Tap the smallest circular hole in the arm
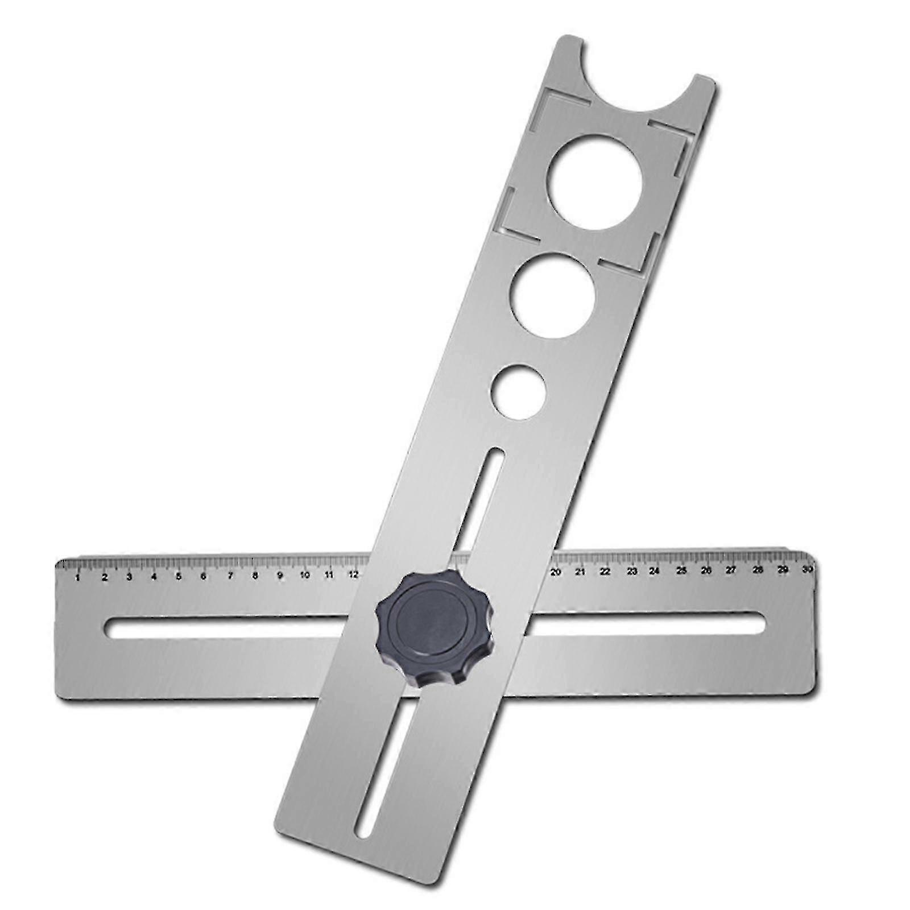pyautogui.click(x=519, y=392)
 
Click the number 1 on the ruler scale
pyautogui.click(x=77, y=578)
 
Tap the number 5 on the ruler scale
pyautogui.click(x=179, y=576)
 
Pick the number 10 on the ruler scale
pyautogui.click(x=305, y=575)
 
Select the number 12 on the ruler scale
pyautogui.click(x=353, y=574)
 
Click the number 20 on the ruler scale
pyautogui.click(x=556, y=572)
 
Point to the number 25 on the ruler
pyautogui.click(x=681, y=571)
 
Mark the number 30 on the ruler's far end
pyautogui.click(x=806, y=569)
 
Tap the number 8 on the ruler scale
pyautogui.click(x=255, y=576)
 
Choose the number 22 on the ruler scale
pyautogui.click(x=605, y=572)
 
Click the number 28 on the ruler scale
pyautogui.click(x=758, y=570)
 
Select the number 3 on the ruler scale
pyautogui.click(x=129, y=577)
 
